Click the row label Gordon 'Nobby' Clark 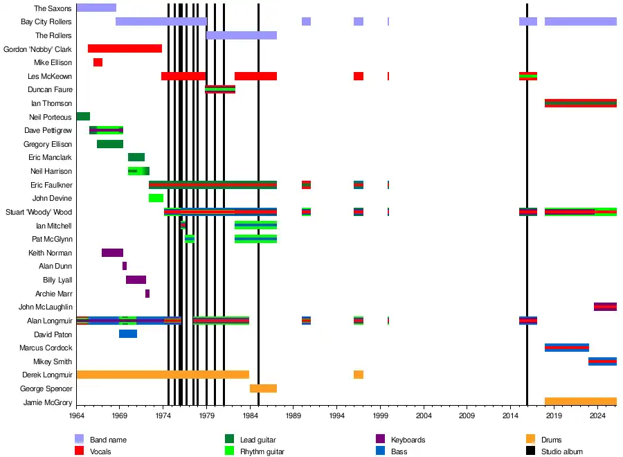coord(37,49)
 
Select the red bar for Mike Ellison coord(98,62)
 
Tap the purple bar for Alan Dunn coord(125,267)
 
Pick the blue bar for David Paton coord(128,334)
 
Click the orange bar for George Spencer coord(263,388)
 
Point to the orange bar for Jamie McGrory coord(581,402)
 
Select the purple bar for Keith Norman coord(112,253)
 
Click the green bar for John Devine coord(156,198)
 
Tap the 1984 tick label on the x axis coord(250,415)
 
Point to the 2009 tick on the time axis coord(467,415)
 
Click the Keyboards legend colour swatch coord(380,439)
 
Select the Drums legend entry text coord(551,440)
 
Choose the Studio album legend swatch coord(530,451)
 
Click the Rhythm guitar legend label coord(262,452)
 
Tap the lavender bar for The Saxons coord(96,8)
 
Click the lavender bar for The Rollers coord(242,35)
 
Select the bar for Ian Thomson coord(581,103)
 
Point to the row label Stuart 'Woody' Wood coord(39,212)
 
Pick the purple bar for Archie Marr coord(147,294)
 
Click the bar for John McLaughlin coord(605,307)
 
